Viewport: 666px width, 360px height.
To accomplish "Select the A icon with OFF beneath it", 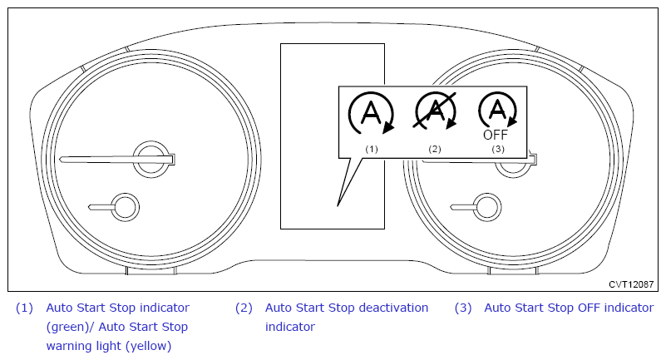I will pos(496,110).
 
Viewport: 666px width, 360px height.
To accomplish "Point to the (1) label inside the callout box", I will pos(371,149).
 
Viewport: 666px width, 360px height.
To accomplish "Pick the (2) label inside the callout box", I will pos(435,149).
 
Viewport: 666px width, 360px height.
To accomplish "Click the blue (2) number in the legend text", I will pos(244,308).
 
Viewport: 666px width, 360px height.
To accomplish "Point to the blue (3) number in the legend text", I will pos(463,308).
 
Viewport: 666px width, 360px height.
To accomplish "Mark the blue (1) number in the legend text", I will pos(24,308).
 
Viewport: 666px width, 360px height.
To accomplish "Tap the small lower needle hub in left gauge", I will pos(125,207).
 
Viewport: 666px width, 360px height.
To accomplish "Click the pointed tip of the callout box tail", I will pos(338,205).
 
